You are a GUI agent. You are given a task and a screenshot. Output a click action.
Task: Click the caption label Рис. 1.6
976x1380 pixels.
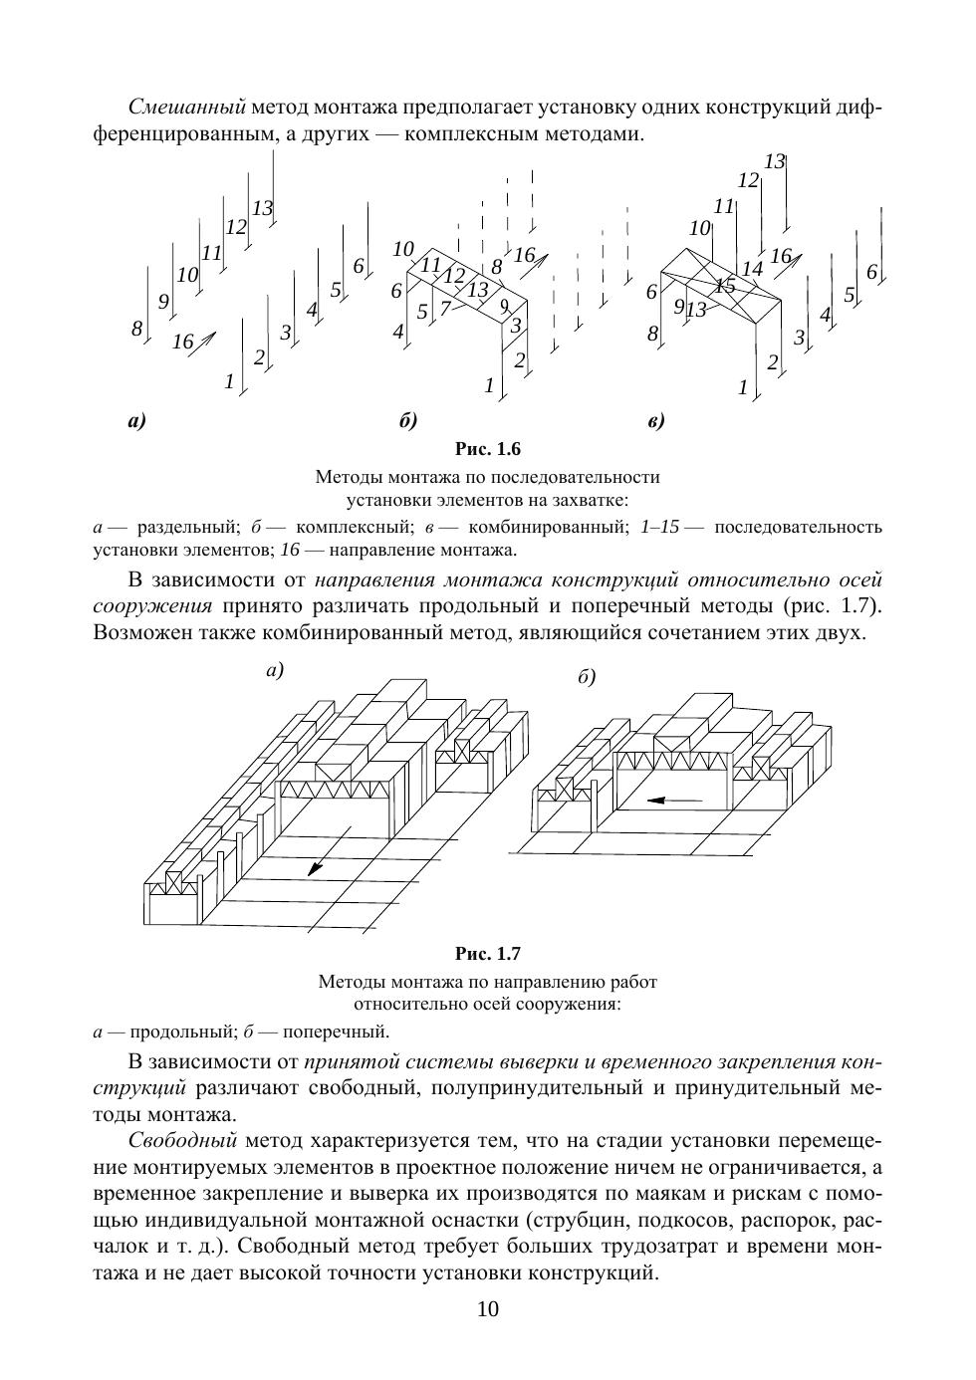click(x=487, y=449)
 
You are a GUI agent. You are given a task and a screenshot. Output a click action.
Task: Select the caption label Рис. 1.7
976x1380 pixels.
click(x=487, y=954)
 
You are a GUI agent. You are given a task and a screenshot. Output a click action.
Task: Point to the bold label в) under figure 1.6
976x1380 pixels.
click(x=655, y=421)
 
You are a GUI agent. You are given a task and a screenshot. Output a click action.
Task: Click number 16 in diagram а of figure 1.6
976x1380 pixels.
click(x=182, y=343)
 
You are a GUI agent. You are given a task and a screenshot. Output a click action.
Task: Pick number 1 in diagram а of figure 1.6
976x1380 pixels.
click(x=229, y=380)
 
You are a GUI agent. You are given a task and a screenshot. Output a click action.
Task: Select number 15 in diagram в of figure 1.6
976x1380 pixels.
click(x=724, y=286)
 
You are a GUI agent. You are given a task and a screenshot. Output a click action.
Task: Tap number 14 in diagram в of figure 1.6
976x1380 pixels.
click(x=752, y=269)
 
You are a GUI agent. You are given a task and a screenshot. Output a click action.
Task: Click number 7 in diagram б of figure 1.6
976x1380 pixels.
click(x=445, y=308)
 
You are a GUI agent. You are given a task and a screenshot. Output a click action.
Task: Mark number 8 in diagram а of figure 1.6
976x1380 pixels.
click(x=136, y=329)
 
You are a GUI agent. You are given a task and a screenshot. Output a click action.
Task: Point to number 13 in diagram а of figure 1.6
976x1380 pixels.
click(x=262, y=208)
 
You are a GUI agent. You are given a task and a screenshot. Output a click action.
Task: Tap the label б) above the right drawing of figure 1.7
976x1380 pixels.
click(x=586, y=678)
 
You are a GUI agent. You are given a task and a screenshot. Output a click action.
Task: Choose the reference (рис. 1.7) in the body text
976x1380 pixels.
click(x=834, y=606)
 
